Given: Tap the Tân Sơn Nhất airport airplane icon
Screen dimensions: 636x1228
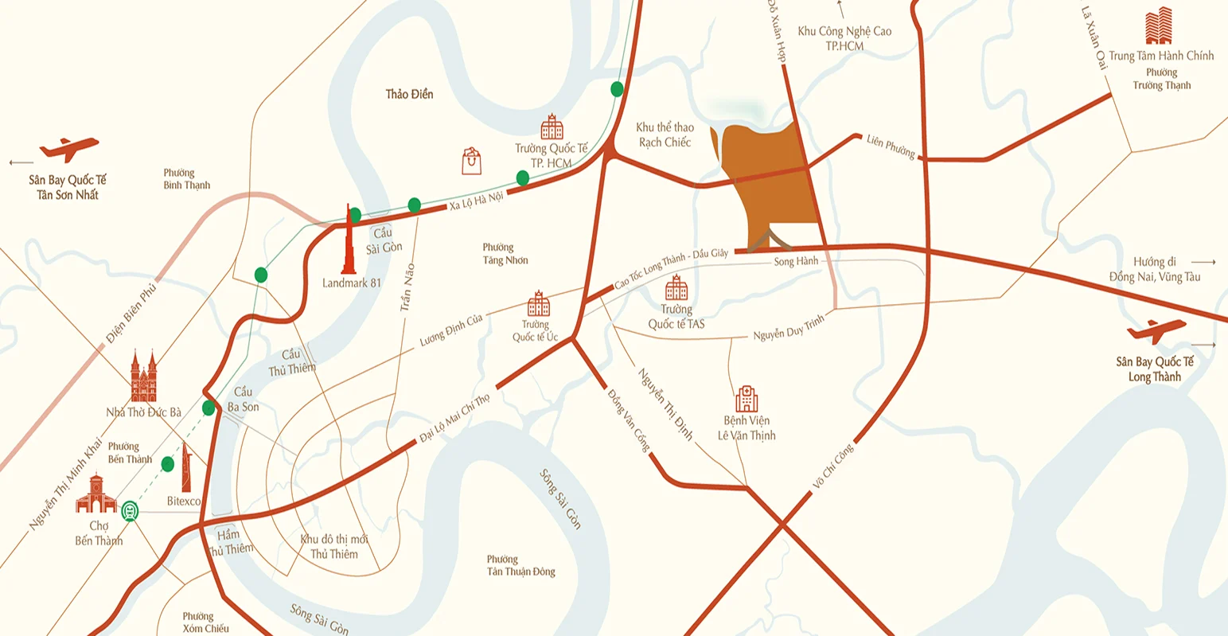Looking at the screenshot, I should click(x=69, y=148).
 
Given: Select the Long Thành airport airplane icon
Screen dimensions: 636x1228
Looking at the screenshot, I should click(x=1156, y=330).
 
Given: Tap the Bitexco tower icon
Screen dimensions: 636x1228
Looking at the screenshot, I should click(x=185, y=467).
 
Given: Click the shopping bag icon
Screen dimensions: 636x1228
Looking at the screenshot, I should click(x=471, y=161).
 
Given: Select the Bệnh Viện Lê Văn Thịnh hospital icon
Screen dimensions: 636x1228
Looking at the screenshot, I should click(x=747, y=399).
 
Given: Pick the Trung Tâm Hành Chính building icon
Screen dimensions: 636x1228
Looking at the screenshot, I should click(x=1159, y=26).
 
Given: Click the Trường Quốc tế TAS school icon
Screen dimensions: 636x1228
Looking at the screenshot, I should click(x=676, y=288).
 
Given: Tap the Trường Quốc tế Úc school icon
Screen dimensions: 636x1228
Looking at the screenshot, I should click(x=539, y=303).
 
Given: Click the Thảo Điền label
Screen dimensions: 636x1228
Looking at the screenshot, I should click(x=409, y=95).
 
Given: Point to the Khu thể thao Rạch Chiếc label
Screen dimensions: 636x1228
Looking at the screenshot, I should click(x=665, y=135).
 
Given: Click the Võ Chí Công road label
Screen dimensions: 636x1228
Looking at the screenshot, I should click(x=833, y=466).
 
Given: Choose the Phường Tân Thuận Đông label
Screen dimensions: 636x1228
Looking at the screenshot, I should click(x=520, y=566).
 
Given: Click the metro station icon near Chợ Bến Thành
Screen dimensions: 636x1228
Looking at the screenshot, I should click(x=130, y=511).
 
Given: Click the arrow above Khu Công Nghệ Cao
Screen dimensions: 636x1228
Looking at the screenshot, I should click(x=841, y=10).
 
